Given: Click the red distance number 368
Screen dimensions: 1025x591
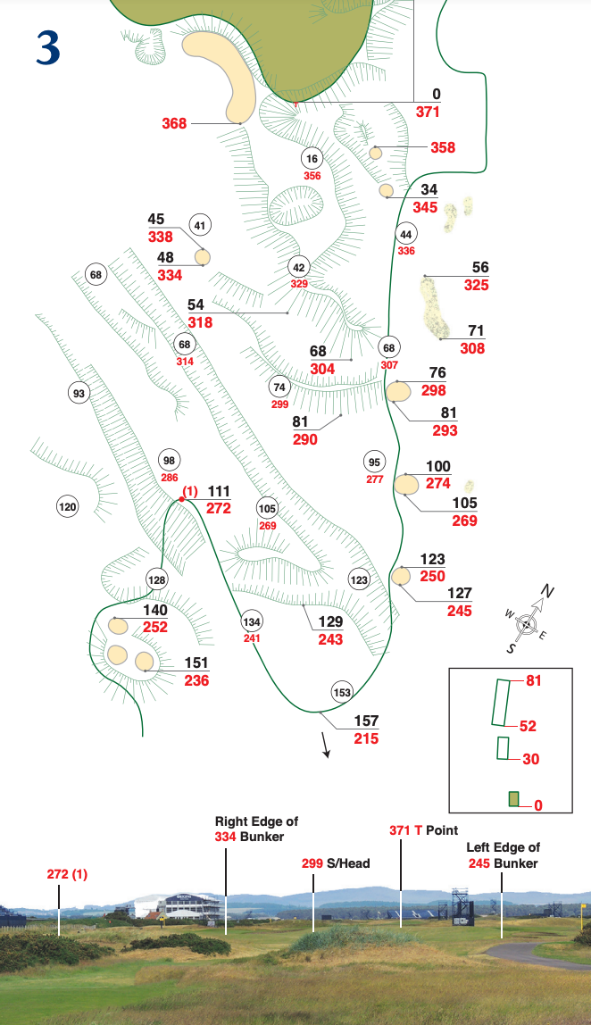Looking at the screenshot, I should point(174,123).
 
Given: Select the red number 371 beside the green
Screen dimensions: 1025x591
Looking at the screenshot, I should point(429,112).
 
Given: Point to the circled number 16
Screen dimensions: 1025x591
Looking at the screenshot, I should point(312,159).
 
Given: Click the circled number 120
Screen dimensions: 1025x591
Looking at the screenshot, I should point(67,507).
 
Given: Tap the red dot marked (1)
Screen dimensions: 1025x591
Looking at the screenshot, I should point(181,499).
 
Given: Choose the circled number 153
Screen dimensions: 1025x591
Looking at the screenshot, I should point(342,692).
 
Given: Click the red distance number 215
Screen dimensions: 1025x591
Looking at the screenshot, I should point(365,738).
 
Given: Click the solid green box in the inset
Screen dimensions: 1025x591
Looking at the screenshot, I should point(513,799).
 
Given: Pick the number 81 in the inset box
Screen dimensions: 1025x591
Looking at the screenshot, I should point(534,680).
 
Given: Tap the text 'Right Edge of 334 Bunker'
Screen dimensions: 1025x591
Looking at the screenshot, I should point(256,829).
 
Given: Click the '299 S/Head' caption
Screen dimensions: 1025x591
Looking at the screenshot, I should point(336,863).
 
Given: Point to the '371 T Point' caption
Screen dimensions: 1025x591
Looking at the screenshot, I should point(424,829).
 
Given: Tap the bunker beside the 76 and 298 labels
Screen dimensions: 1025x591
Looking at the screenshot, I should point(398,391).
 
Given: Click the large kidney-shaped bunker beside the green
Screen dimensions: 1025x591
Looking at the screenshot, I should point(224,72).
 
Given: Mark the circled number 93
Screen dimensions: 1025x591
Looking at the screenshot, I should point(79,393).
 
